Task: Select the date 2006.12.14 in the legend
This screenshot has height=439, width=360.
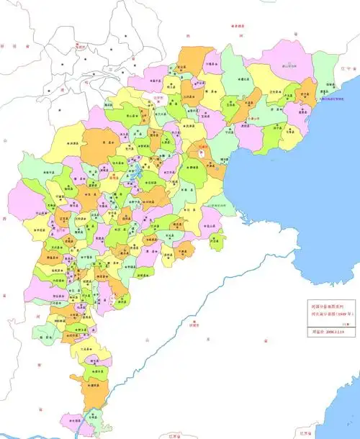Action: (x=325, y=332)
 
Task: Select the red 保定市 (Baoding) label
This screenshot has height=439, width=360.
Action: (x=114, y=174)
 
